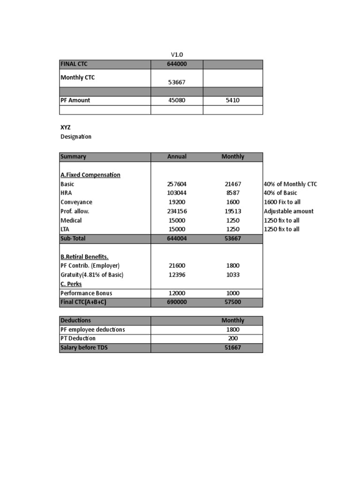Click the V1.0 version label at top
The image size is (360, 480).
coord(177,54)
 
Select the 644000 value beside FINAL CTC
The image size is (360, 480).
coord(177,64)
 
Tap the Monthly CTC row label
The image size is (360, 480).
coord(77,78)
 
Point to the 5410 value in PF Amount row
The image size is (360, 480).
coord(232,100)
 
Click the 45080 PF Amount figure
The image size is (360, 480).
coord(177,100)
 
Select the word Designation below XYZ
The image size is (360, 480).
coord(76,137)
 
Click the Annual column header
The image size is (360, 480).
coord(177,157)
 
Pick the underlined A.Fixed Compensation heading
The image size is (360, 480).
coord(90,175)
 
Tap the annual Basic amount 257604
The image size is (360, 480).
coord(177,184)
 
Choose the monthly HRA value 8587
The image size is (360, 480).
coord(232,193)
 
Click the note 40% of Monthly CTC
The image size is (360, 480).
coord(290,184)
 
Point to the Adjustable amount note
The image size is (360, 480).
coord(288,211)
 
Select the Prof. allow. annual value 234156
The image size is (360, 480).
coord(177,211)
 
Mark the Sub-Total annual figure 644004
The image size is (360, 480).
coord(177,239)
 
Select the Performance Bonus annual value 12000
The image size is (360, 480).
coord(177,293)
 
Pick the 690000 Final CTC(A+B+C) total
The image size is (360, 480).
coord(177,302)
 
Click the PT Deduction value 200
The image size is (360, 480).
coord(232,338)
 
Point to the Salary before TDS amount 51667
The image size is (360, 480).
coord(232,348)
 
